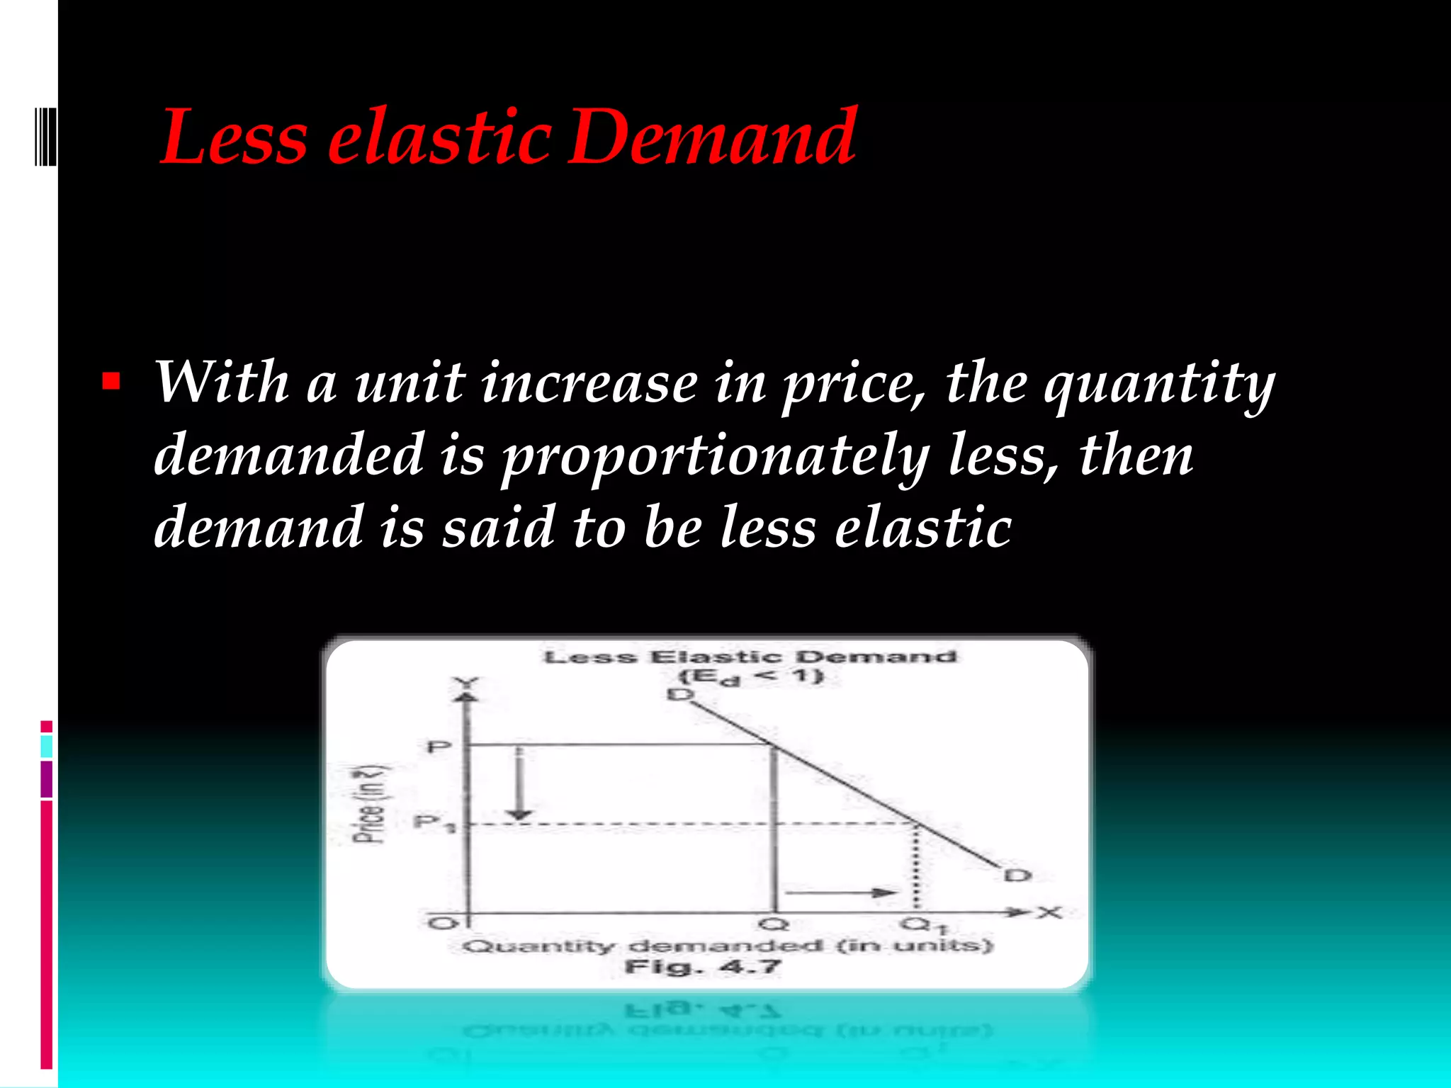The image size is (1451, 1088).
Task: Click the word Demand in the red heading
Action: coord(713,137)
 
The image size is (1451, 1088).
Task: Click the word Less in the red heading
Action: coord(235,137)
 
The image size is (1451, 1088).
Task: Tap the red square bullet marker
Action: coord(111,382)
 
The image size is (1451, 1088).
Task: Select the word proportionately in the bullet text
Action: coord(716,457)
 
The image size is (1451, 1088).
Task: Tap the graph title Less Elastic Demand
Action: coord(750,657)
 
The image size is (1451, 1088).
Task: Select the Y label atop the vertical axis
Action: coord(466,684)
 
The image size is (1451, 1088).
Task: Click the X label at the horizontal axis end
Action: coord(1050,912)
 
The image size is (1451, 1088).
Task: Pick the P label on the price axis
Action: coord(439,747)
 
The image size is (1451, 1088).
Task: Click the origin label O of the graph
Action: coord(444,923)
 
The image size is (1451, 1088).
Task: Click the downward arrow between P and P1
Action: coord(521,783)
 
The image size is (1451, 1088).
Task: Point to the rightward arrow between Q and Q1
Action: coord(842,892)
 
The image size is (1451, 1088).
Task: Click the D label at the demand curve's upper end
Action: coord(680,695)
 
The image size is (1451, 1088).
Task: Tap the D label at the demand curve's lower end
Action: coord(1018,875)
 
